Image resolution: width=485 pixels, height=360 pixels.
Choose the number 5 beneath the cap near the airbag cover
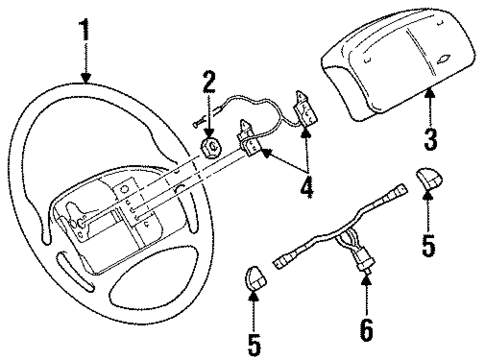tap(428, 244)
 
